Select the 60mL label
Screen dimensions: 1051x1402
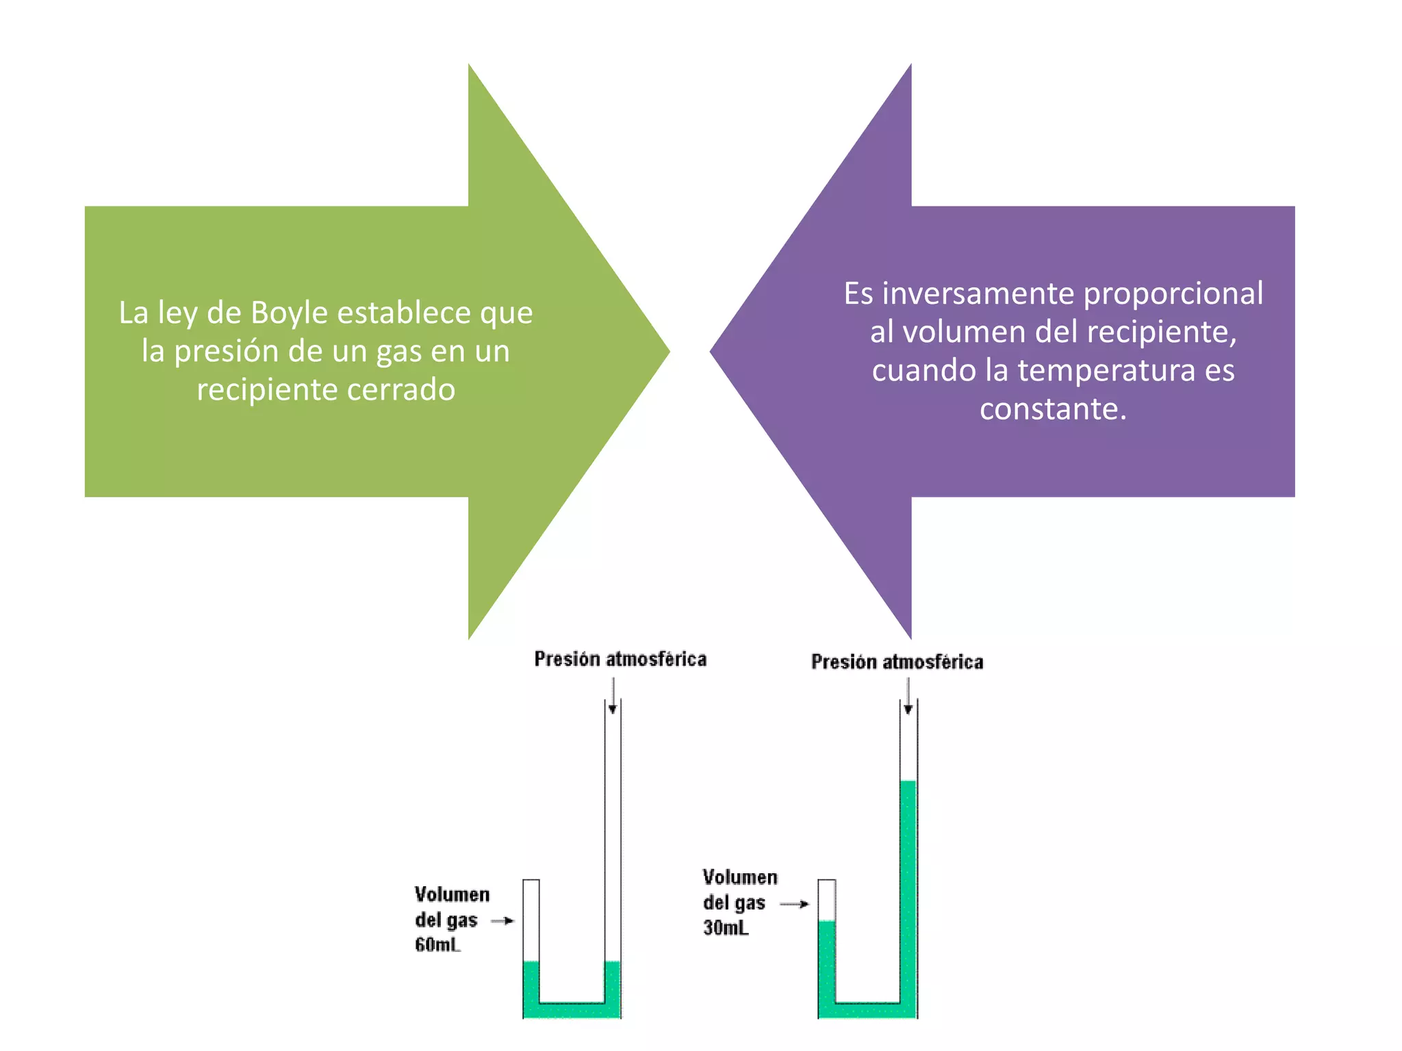(x=437, y=945)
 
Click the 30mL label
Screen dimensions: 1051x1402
(x=726, y=928)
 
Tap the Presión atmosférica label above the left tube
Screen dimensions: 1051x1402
(x=620, y=659)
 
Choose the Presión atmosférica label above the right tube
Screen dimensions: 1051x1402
(x=897, y=662)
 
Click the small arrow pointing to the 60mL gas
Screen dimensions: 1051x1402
(x=503, y=920)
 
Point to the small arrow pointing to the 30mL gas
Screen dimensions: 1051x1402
(x=795, y=904)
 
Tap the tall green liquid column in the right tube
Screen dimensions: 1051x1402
(x=908, y=890)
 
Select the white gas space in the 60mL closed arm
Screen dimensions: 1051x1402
(x=531, y=920)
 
